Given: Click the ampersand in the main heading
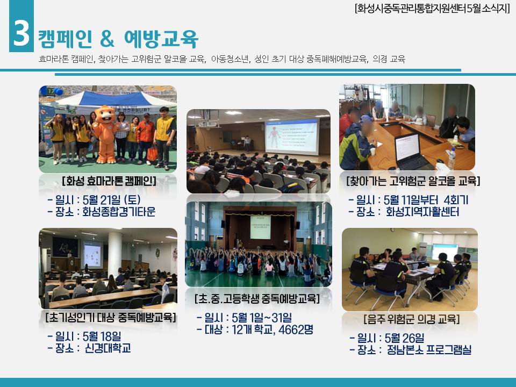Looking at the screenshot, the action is (107, 39).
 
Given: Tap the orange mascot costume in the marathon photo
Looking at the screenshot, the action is (105, 134).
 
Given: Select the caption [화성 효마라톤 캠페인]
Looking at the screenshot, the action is (109, 181).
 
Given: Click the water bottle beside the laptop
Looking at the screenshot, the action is (451, 159).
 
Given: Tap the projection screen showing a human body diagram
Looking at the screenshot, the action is (291, 137).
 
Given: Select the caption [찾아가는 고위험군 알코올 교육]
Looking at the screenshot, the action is (413, 181).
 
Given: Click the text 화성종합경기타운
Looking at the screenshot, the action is (119, 212).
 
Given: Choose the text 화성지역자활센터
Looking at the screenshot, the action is (422, 212).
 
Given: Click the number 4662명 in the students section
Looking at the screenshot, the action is (296, 329).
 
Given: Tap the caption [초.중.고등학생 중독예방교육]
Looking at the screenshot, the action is (257, 299).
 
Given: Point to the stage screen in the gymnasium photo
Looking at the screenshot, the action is (260, 227).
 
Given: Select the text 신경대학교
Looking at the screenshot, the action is (108, 348).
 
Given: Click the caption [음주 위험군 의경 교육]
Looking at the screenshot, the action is (411, 319).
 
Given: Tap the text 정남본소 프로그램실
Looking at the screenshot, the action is (429, 349).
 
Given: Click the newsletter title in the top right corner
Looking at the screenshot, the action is (432, 8).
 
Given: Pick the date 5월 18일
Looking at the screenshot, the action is (102, 336).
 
